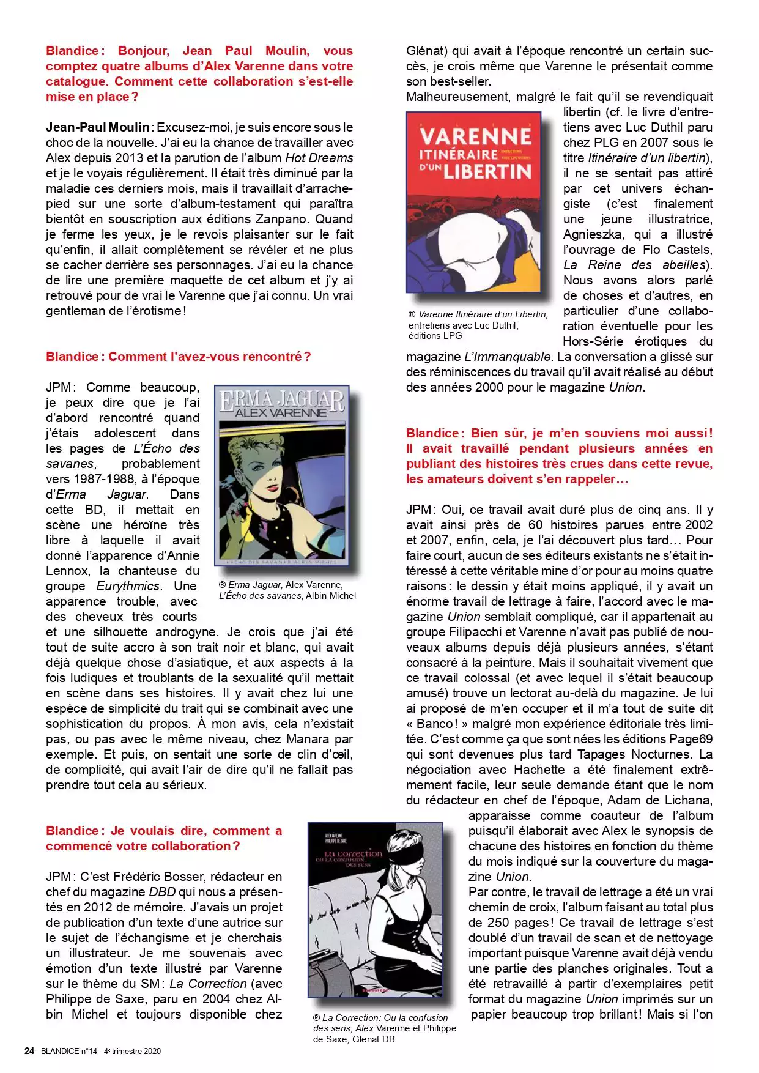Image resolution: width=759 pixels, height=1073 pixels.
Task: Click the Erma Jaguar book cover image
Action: (281, 475)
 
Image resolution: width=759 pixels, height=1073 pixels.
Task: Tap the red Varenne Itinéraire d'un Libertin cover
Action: (473, 202)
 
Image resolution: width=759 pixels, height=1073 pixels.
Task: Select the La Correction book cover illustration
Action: (375, 910)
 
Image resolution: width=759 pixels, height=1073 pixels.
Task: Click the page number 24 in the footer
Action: (29, 1051)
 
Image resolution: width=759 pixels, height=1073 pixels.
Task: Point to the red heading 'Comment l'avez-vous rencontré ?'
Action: (178, 357)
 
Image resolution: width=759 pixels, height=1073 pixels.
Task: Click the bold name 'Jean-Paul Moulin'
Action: (97, 127)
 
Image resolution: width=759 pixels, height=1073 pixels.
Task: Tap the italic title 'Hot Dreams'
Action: (319, 158)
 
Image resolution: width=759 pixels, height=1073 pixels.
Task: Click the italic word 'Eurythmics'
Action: (128, 586)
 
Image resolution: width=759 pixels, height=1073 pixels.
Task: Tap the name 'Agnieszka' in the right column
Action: (593, 234)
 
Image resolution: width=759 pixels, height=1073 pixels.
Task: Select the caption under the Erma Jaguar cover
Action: (287, 590)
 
